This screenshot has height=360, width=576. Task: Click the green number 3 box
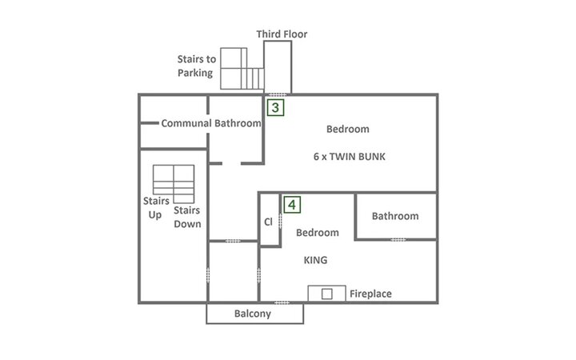point(275,108)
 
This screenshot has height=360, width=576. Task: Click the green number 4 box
point(292,205)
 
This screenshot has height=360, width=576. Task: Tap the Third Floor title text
point(282,34)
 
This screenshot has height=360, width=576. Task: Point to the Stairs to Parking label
point(197,66)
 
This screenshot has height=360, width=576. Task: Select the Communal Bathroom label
point(211,123)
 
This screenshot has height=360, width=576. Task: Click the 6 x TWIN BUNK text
point(350,157)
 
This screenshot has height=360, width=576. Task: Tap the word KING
point(315,260)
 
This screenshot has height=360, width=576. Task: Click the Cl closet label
point(269,222)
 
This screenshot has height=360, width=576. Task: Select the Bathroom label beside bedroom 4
point(395,216)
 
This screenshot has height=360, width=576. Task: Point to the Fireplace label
point(370,294)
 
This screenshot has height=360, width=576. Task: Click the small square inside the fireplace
point(327,294)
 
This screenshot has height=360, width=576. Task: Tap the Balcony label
point(253,314)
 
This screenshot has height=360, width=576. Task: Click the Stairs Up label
point(156,207)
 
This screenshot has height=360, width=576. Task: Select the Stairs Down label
point(187,217)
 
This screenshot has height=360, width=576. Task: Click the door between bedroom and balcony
point(282,302)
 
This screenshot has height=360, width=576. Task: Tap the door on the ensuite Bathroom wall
point(398,240)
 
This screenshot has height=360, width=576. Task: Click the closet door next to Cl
point(280,221)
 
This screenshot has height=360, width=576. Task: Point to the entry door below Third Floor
point(278,94)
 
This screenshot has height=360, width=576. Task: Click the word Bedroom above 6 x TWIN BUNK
point(348,129)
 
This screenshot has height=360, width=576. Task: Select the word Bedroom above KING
point(318,233)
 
